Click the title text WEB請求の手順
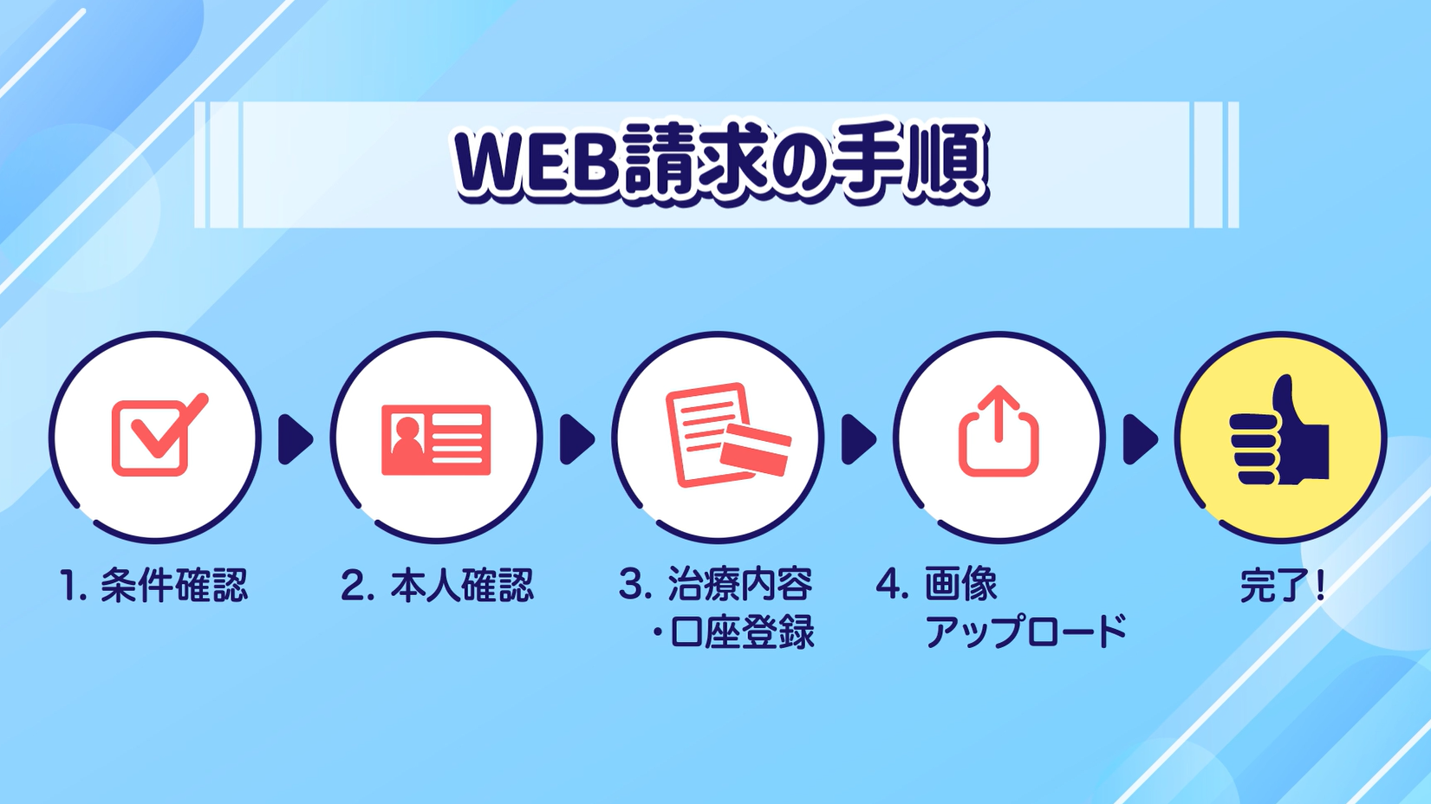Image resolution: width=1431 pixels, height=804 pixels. pos(720,163)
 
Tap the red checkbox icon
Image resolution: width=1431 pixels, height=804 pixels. pos(159,435)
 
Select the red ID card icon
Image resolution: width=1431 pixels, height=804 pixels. pos(436,440)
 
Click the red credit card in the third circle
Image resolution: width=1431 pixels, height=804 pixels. pos(756,451)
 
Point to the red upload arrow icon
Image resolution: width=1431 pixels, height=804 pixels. pos(998,431)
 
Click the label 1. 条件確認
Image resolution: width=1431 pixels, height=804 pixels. pos(153,584)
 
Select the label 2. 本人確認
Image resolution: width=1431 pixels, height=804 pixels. pos(437,584)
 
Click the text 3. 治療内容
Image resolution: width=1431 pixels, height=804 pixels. pos(716,584)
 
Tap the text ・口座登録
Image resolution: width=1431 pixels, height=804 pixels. pos(733,632)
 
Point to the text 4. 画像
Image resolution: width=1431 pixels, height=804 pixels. pos(937,584)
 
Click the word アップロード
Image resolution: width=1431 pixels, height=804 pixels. pos(1026,632)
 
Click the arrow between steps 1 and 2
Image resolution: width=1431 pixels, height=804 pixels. pos(296,439)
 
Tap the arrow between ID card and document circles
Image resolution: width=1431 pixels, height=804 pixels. pos(577,439)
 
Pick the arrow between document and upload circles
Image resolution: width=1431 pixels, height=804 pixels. pos(859,439)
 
